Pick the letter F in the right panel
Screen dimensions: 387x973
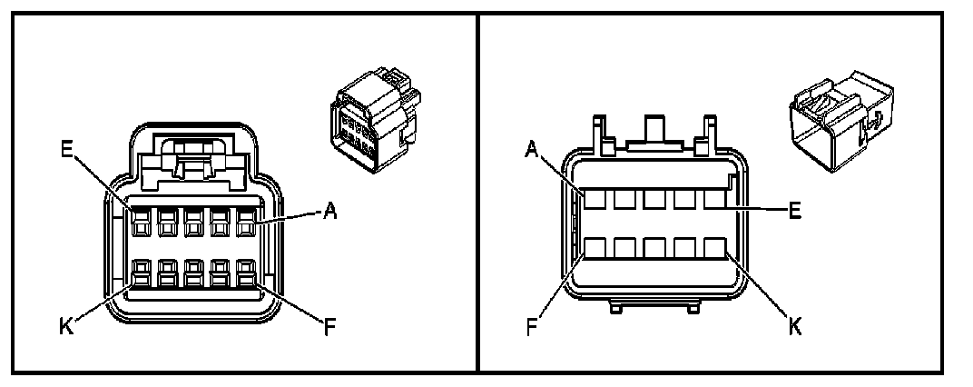pyautogui.click(x=533, y=325)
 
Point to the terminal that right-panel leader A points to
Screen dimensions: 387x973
pyautogui.click(x=595, y=199)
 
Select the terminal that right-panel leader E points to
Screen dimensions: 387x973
pyautogui.click(x=715, y=199)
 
